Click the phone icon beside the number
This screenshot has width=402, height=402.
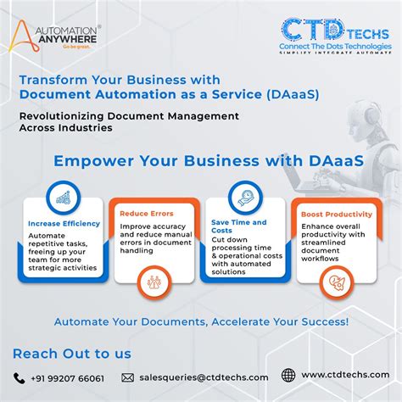click(19, 377)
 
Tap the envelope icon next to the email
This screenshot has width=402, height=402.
click(128, 377)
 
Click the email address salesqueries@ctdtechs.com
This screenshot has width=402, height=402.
click(203, 377)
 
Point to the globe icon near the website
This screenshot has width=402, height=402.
click(288, 376)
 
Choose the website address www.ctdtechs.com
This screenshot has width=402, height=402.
click(346, 376)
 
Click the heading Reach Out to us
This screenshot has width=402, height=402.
click(71, 354)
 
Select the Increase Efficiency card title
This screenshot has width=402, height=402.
click(64, 224)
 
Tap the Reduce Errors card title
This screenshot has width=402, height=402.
click(146, 214)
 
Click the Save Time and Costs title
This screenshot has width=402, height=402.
click(238, 226)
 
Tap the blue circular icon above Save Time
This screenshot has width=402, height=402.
click(246, 194)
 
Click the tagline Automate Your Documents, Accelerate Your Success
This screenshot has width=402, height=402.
click(201, 322)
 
